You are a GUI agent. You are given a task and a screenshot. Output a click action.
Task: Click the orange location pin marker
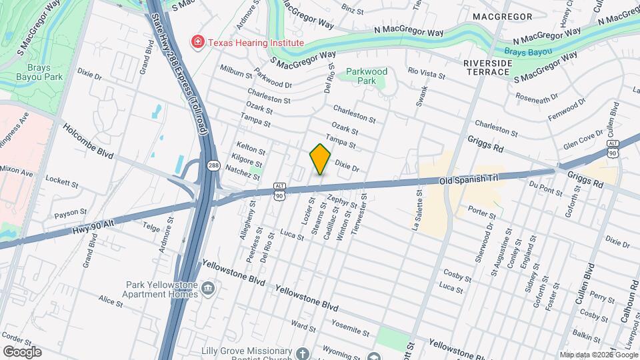pos(321,159)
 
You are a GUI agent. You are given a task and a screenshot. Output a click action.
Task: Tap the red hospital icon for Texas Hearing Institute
pos(197,43)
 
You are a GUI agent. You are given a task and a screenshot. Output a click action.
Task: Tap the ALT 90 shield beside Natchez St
pos(281,191)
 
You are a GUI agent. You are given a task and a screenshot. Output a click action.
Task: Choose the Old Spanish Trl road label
pos(470,181)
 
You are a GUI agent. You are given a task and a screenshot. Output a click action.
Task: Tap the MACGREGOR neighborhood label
pos(502,16)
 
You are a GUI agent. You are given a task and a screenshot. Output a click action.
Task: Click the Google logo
pos(22,351)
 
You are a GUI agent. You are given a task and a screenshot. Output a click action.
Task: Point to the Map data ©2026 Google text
pos(598,355)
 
